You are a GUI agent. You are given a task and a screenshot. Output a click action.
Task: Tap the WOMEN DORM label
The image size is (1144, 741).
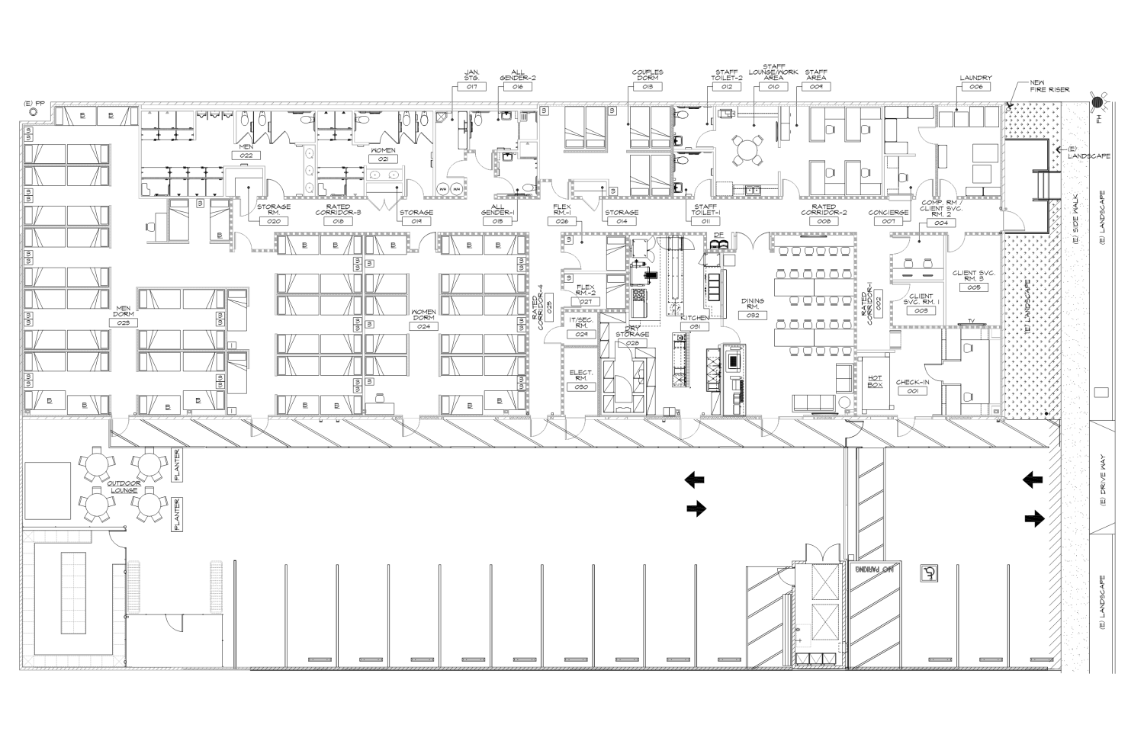point(424,315)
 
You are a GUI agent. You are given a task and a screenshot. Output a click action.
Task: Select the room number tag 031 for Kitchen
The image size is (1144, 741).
point(696,326)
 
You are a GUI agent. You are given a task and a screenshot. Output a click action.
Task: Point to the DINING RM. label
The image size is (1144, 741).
point(753,304)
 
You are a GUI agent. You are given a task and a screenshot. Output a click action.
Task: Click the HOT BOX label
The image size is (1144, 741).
point(876,381)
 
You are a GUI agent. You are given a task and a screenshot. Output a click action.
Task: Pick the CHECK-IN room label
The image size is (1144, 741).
point(912,383)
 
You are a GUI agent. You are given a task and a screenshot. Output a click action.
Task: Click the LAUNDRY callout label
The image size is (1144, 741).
point(976,78)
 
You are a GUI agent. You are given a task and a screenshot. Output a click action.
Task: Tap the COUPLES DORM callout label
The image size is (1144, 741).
point(648,75)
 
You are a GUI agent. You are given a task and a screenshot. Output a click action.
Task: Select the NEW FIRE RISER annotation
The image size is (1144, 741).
point(1049,86)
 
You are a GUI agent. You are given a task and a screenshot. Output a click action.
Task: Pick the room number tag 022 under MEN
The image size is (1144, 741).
point(246,155)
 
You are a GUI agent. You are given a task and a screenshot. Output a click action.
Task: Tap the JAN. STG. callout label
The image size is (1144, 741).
point(471,75)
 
